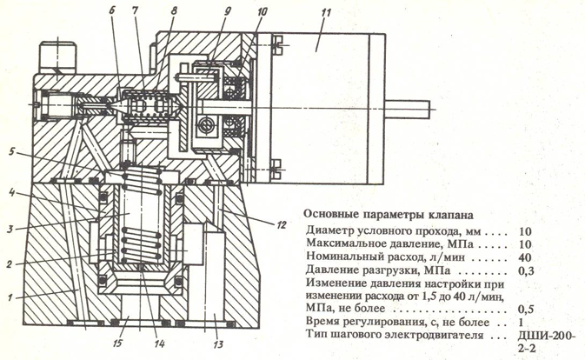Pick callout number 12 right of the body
(280, 223)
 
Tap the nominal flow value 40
(524, 258)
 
